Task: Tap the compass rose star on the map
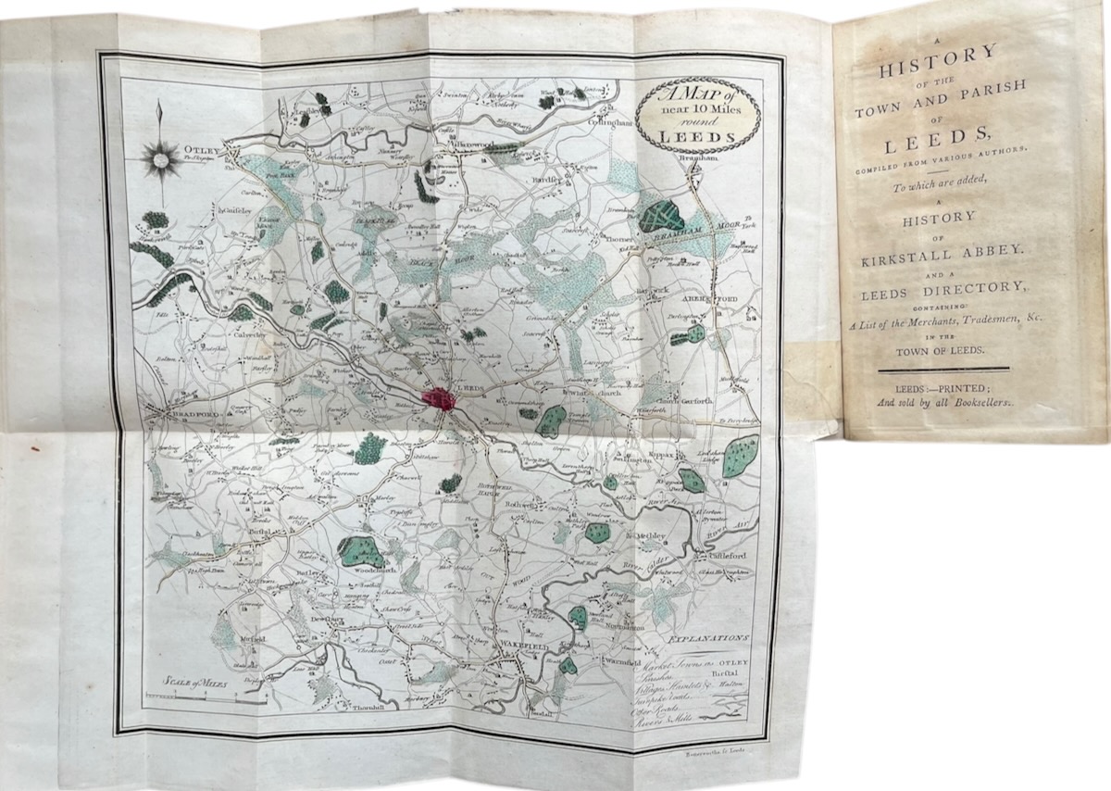click(x=162, y=159)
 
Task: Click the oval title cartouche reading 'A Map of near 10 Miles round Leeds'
click(x=699, y=115)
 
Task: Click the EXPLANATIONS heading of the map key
click(x=706, y=638)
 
